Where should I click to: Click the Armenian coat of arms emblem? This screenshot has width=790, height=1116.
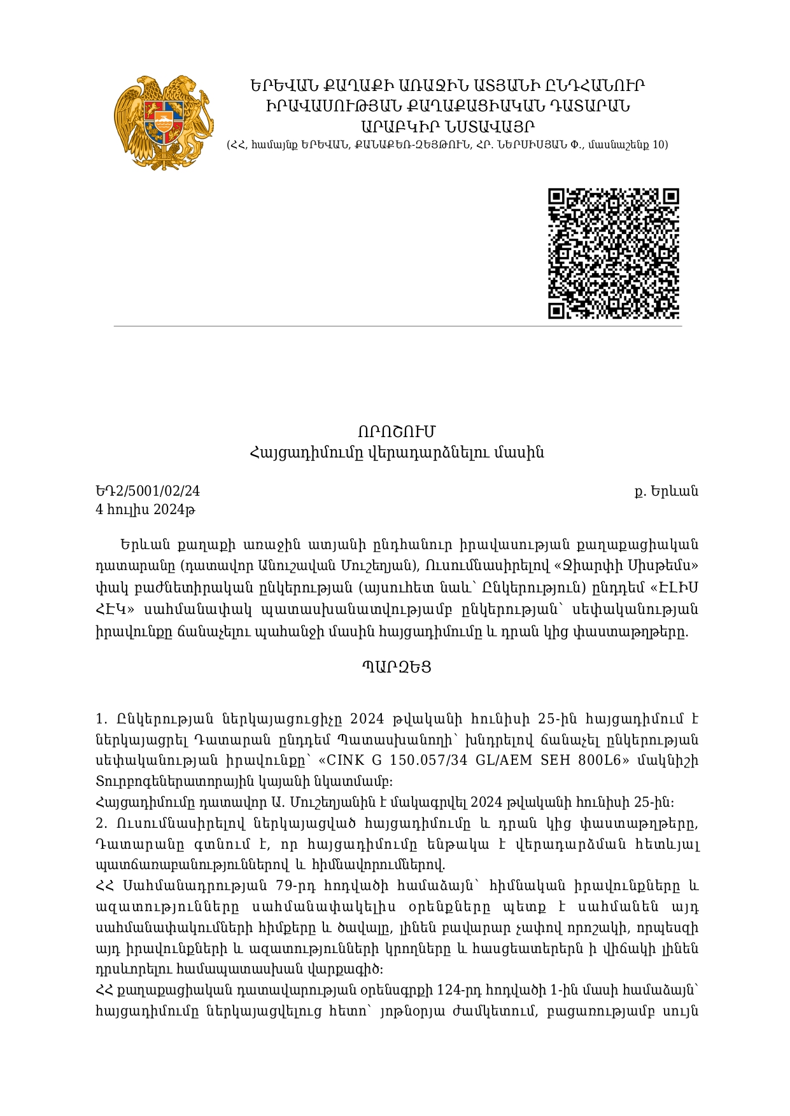(x=164, y=123)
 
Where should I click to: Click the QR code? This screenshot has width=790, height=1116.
(x=614, y=253)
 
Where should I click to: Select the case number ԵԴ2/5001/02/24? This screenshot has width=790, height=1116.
(x=148, y=491)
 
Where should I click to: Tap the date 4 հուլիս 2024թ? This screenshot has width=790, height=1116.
(x=145, y=510)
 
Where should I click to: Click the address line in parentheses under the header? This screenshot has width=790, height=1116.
(x=447, y=145)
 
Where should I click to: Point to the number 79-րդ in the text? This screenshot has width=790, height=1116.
(x=296, y=886)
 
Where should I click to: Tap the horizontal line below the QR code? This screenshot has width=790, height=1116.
(x=397, y=326)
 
